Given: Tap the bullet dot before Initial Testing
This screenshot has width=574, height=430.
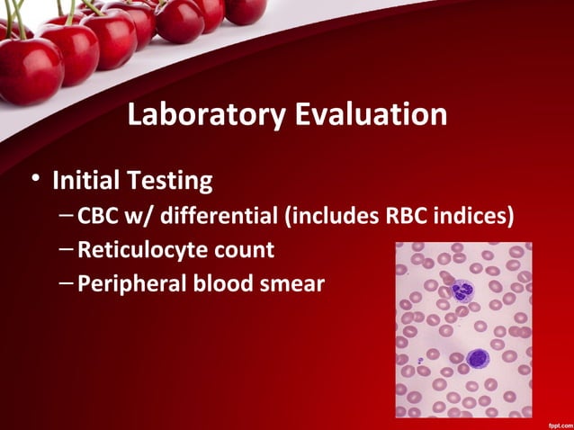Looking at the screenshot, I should [34, 179].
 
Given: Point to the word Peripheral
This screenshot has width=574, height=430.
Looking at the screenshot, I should [136, 284].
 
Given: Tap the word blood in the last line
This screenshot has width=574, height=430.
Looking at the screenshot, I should [224, 284].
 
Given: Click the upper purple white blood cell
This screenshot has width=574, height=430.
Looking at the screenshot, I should [462, 291].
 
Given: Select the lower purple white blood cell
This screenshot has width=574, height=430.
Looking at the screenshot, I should [477, 358].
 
